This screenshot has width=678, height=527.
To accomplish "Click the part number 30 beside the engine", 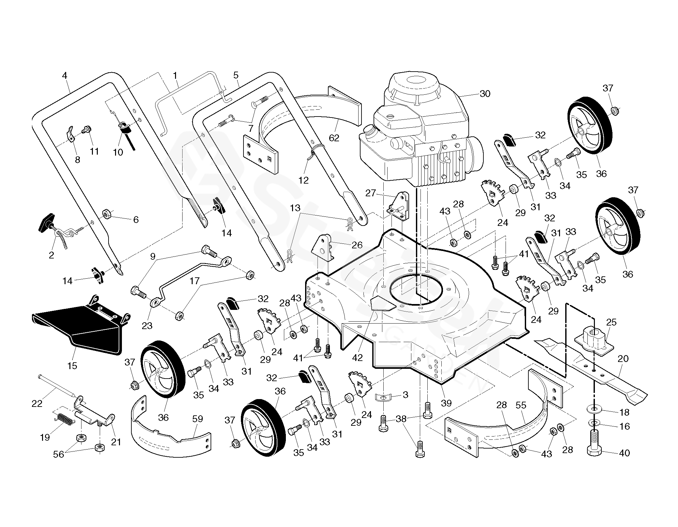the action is tap(485, 94).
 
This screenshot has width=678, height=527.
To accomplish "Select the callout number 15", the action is tap(72, 366).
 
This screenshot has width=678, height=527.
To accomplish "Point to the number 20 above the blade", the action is tap(623, 359).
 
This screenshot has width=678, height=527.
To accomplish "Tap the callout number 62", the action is tap(334, 138).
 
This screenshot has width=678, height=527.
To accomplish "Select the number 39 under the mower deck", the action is tap(446, 403).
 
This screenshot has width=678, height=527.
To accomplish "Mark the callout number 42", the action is tap(357, 357).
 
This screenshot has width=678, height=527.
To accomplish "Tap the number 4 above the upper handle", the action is tap(65, 76).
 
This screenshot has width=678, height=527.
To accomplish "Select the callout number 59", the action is tap(198, 419).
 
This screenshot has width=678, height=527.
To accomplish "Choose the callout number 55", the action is tap(521, 405).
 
